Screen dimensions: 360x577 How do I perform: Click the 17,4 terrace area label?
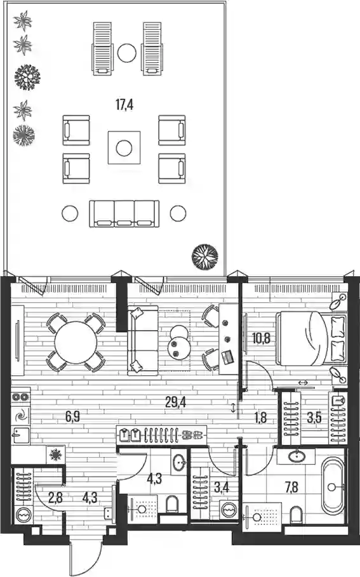tap(124, 105)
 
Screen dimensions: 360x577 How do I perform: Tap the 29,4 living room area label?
tap(176, 402)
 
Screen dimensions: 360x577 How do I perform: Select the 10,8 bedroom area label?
tap(261, 338)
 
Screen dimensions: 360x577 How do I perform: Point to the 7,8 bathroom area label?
tap(291, 488)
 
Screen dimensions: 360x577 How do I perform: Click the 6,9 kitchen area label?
tap(72, 417)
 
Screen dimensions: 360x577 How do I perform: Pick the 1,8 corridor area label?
tap(260, 418)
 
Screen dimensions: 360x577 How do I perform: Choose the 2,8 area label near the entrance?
tap(56, 498)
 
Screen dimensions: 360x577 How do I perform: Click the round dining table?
tap(76, 343)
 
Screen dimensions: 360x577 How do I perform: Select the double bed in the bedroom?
tap(311, 338)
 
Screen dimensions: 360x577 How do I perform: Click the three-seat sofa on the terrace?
tap(124, 214)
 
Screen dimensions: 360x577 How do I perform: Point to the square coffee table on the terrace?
tap(124, 148)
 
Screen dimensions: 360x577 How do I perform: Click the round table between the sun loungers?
tap(127, 53)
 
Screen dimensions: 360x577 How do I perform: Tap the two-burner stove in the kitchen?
tap(21, 397)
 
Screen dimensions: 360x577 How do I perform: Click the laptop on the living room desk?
tap(227, 357)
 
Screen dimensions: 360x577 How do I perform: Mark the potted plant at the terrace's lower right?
tap(204, 257)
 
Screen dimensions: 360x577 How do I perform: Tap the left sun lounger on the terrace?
tap(102, 49)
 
